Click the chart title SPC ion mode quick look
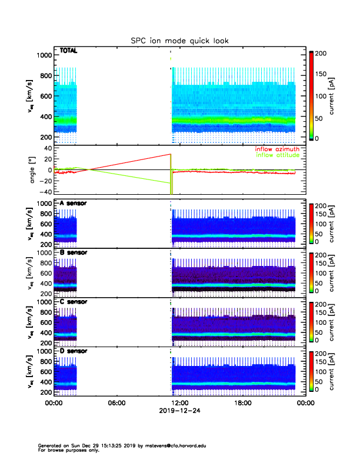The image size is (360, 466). (179, 41)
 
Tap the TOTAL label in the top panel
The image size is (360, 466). (68, 51)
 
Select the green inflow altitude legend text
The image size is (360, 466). (277, 155)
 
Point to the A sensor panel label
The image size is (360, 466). (74, 204)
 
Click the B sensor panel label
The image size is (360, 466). (74, 252)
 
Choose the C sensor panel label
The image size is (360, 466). (74, 301)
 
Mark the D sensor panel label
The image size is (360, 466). (74, 351)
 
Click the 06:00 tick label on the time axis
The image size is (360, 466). (117, 403)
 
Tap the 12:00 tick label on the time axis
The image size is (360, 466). (179, 403)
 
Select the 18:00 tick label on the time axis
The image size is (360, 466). (242, 403)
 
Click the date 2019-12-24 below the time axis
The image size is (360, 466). (179, 411)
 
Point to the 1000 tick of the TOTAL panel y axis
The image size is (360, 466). (44, 55)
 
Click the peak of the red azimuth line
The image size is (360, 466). (170, 154)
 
